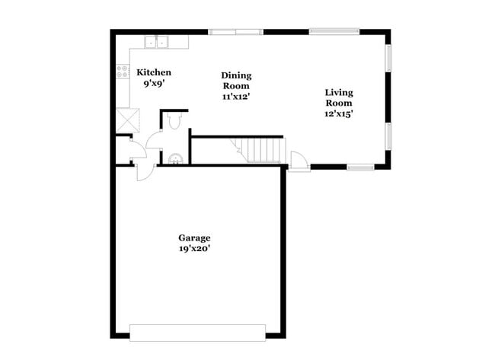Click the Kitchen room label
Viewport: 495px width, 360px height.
pyautogui.click(x=153, y=72)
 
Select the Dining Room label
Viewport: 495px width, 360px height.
pyautogui.click(x=236, y=81)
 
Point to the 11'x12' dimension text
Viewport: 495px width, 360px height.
pyautogui.click(x=236, y=97)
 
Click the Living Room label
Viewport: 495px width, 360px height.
pyautogui.click(x=339, y=97)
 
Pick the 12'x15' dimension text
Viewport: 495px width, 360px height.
pyautogui.click(x=339, y=113)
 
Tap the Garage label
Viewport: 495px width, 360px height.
pyautogui.click(x=194, y=238)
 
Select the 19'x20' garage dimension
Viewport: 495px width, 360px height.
pyautogui.click(x=194, y=249)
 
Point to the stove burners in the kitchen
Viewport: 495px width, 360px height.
pyautogui.click(x=121, y=72)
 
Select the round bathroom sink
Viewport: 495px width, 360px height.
pyautogui.click(x=175, y=158)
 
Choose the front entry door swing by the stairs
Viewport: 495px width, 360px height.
pyautogui.click(x=299, y=161)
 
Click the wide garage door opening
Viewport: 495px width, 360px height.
pyautogui.click(x=197, y=333)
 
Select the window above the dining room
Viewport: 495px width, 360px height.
pyautogui.click(x=235, y=32)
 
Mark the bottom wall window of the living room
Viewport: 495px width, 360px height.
pyautogui.click(x=360, y=167)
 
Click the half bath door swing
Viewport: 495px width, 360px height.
pyautogui.click(x=153, y=140)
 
